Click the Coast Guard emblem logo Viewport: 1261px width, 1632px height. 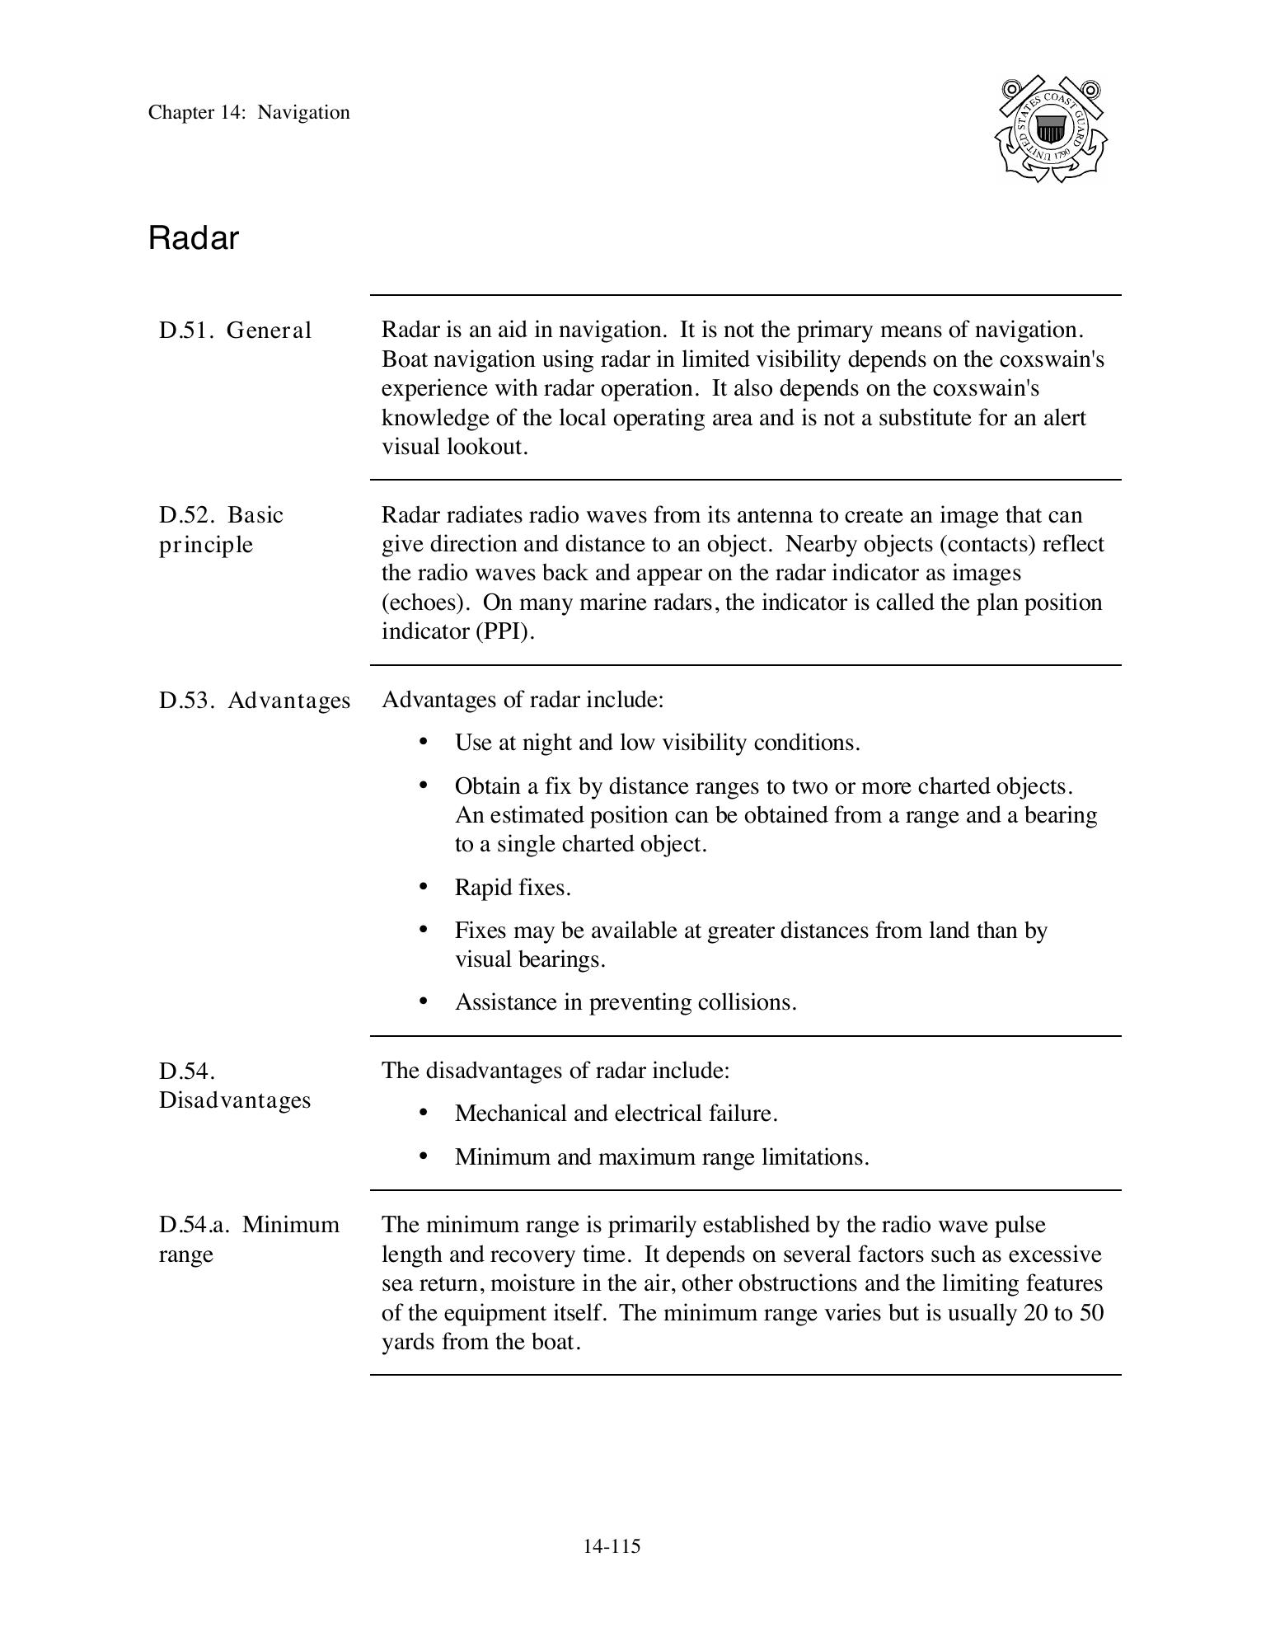pos(1050,129)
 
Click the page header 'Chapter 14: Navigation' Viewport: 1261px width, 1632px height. pos(249,113)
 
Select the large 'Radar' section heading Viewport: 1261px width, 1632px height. pos(194,238)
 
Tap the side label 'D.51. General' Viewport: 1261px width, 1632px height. pos(235,331)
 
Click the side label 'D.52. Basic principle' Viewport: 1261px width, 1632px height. pos(221,529)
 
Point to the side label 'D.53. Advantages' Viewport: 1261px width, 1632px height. pos(255,701)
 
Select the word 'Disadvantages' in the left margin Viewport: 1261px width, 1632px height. pos(235,1100)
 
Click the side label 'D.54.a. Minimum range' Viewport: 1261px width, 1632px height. pos(249,1239)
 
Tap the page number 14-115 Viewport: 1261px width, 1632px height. pos(612,1546)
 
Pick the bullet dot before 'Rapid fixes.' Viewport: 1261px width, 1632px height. pos(424,887)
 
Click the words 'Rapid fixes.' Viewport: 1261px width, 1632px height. pos(513,888)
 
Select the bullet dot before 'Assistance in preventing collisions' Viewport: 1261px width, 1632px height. pos(424,1001)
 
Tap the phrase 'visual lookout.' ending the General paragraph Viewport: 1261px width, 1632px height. pos(454,447)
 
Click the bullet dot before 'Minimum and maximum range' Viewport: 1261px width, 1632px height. pos(424,1156)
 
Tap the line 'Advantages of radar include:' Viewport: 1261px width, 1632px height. pos(523,700)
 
